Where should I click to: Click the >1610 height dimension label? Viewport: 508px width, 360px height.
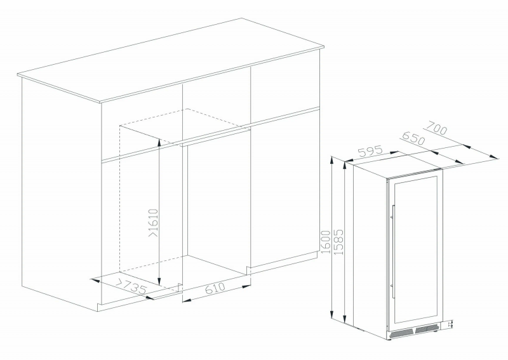coord(154,222)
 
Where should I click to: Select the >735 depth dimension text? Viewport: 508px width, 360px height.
coord(132,286)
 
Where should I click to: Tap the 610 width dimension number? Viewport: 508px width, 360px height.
coord(215,288)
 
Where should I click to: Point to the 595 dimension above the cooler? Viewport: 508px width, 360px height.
coord(371,152)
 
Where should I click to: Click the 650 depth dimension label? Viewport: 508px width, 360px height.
coord(413,138)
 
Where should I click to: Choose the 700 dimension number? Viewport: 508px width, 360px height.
coord(436,128)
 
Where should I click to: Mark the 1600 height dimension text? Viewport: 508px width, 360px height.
coord(325,242)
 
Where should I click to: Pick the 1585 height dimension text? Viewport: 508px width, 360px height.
coord(338,242)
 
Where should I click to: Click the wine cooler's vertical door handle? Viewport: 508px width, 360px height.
coord(393,251)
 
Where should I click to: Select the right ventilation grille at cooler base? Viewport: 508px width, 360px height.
coord(426,330)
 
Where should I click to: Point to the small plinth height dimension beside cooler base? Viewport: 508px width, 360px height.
coord(450,324)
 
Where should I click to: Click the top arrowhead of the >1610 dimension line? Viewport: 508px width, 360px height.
coord(159,142)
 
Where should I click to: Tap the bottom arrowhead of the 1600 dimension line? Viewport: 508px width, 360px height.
coord(331,314)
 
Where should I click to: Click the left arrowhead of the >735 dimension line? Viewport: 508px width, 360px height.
coord(94,279)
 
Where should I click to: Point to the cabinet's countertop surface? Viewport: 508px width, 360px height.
coord(171,60)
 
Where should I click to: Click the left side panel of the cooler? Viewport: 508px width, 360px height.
coord(370,249)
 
